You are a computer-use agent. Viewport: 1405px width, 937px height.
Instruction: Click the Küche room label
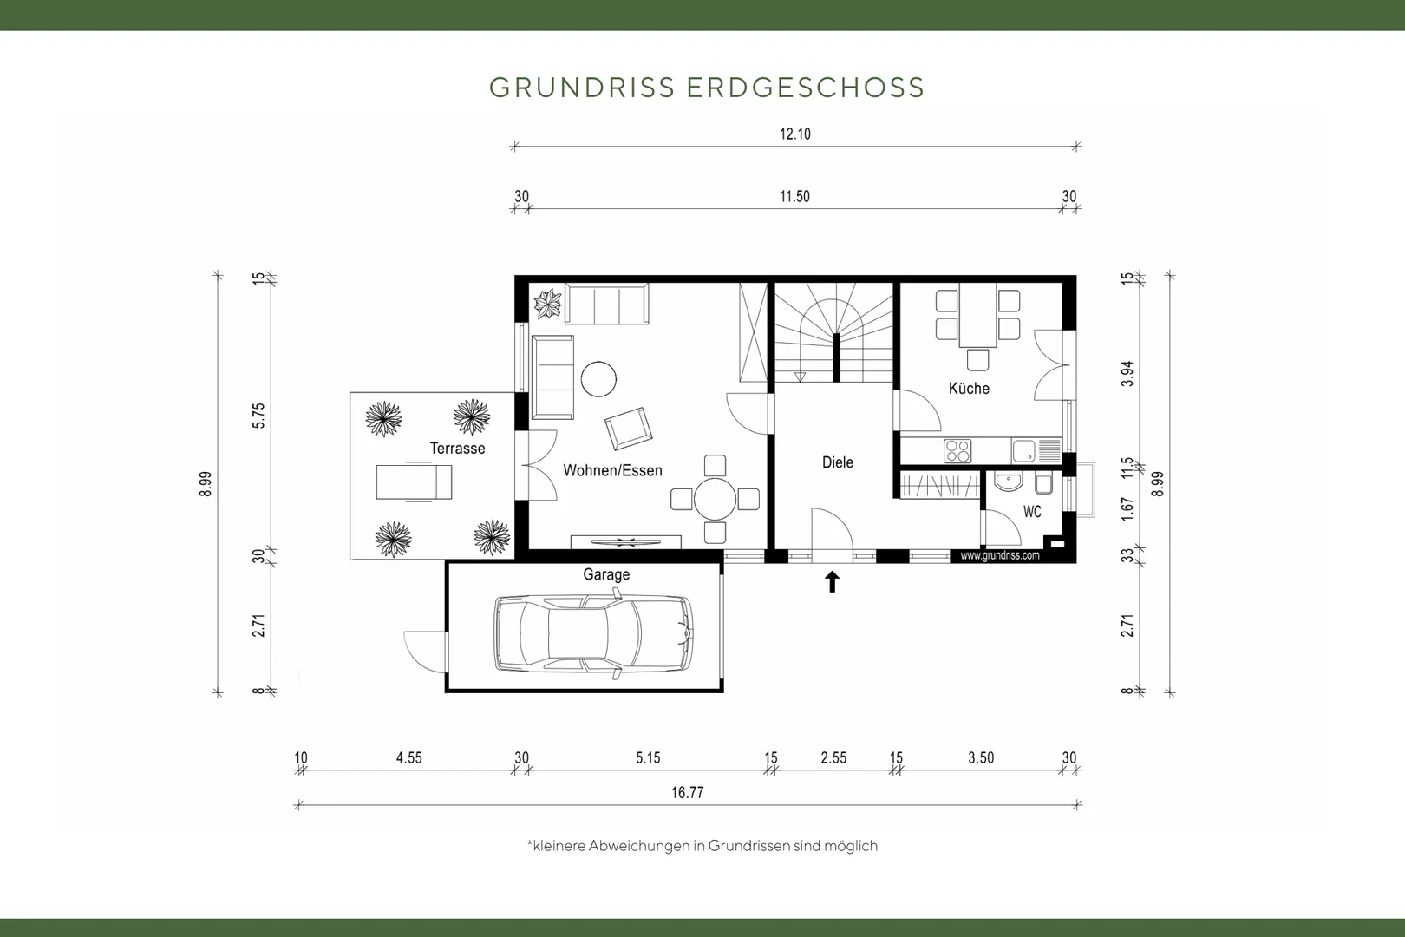point(969,389)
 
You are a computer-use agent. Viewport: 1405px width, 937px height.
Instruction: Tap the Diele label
point(838,462)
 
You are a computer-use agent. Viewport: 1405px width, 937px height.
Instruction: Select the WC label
point(1032,512)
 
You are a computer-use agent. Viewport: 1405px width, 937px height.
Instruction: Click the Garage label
point(606,574)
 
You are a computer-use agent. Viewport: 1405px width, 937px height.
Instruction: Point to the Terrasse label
point(457,448)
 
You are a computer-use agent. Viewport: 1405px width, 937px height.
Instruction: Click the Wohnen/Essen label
point(613,470)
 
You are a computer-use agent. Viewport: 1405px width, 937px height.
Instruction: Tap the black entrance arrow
point(833,582)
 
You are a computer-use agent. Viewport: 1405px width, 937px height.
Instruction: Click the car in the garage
point(594,633)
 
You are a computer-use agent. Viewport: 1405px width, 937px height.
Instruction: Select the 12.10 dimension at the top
point(795,134)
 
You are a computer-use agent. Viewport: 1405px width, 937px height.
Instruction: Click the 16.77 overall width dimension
point(688,793)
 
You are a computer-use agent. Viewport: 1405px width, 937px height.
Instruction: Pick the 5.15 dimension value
point(648,758)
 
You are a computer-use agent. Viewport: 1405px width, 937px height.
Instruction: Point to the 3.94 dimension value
point(1127,373)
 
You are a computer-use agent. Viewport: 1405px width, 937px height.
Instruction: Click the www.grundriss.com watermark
point(1000,555)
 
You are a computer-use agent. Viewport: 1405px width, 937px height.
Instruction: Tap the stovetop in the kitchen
point(957,450)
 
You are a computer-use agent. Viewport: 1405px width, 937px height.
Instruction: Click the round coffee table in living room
point(598,379)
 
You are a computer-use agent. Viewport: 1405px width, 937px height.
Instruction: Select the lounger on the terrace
point(414,482)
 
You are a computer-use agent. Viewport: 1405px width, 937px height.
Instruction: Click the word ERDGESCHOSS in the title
point(806,88)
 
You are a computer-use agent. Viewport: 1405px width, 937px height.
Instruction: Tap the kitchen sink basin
point(1023,450)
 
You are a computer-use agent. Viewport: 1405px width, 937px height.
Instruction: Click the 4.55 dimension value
point(409,758)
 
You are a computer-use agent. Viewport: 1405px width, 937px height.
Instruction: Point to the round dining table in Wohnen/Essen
point(715,500)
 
